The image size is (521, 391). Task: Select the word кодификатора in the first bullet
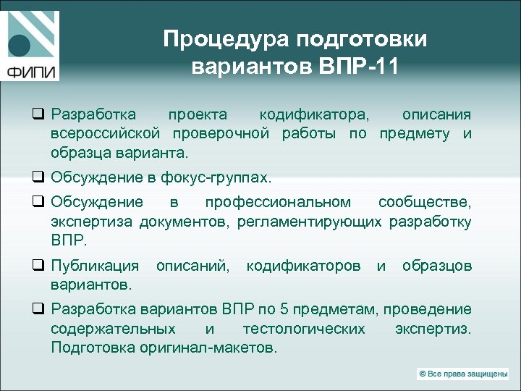click(x=313, y=114)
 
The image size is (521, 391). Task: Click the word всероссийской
click(x=106, y=134)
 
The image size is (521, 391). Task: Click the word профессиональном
click(x=278, y=202)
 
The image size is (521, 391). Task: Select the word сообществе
click(x=425, y=202)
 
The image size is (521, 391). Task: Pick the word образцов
click(x=437, y=266)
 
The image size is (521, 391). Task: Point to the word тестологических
click(x=304, y=329)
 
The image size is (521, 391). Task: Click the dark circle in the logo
click(x=20, y=44)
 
